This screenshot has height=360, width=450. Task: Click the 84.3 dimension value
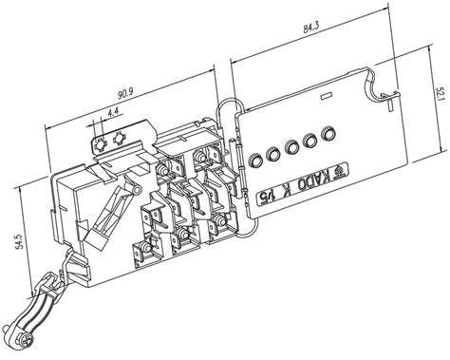pos(311,28)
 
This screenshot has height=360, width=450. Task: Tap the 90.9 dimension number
pos(125,93)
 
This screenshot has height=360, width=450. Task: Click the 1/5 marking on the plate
pos(265,197)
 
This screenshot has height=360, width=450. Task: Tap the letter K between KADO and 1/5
pos(283,190)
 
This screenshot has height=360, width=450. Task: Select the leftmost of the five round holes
pos(254,160)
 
